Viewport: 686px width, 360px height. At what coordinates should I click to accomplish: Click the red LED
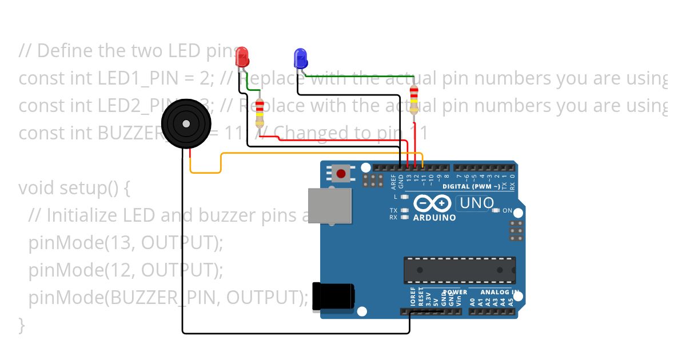tap(242, 56)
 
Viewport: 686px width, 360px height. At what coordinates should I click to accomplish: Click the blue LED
tap(300, 57)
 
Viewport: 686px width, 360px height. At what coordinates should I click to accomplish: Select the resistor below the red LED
tap(260, 113)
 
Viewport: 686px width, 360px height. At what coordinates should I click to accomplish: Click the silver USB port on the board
tap(330, 206)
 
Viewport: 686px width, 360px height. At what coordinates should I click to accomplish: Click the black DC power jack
tap(333, 297)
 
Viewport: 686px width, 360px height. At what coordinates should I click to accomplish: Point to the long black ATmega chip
tap(460, 270)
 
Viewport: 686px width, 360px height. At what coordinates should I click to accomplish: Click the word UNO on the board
tap(477, 203)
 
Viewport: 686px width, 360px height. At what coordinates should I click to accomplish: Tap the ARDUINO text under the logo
tap(434, 218)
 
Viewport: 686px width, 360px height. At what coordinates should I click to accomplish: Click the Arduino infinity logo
tap(432, 203)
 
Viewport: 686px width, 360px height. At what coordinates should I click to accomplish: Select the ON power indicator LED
tap(496, 211)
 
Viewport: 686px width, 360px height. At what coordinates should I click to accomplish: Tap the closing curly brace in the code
tap(22, 325)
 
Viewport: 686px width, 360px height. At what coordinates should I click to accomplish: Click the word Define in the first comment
tap(66, 51)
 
